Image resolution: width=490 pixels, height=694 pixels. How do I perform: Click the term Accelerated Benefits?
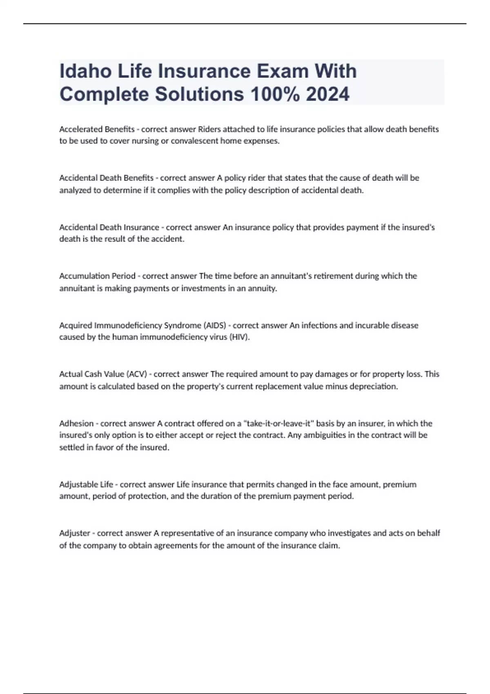pyautogui.click(x=97, y=129)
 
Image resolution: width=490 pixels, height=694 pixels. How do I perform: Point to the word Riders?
pyautogui.click(x=209, y=129)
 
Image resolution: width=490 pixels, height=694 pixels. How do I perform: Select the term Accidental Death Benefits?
pyautogui.click(x=106, y=178)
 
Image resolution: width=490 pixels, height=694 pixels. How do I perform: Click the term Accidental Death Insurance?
pyautogui.click(x=109, y=227)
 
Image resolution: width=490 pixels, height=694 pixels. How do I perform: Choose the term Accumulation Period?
pyautogui.click(x=97, y=276)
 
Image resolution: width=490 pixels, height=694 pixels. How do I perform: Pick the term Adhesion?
pyautogui.click(x=76, y=423)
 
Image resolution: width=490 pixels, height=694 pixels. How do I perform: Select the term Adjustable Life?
pyautogui.click(x=86, y=485)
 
